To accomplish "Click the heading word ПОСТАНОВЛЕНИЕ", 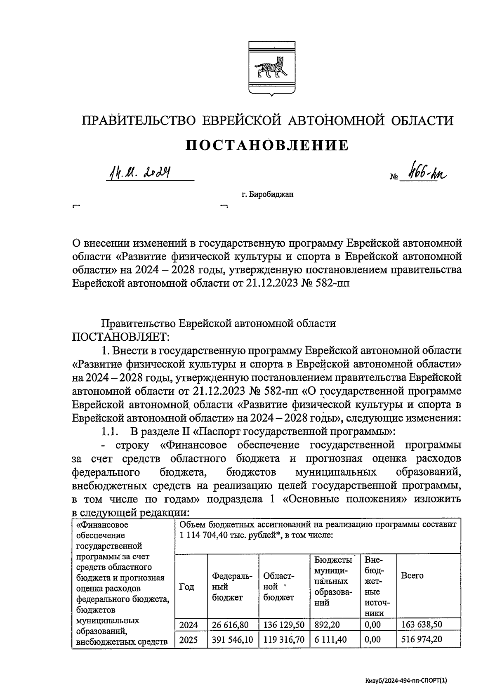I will click(x=267, y=146).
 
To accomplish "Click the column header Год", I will click(x=187, y=587).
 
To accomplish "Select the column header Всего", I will click(x=412, y=576).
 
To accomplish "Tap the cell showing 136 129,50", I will click(x=283, y=625).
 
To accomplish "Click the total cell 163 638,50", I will click(x=422, y=625).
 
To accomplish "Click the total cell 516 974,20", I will click(x=422, y=640).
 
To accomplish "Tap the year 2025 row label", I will click(x=189, y=640).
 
